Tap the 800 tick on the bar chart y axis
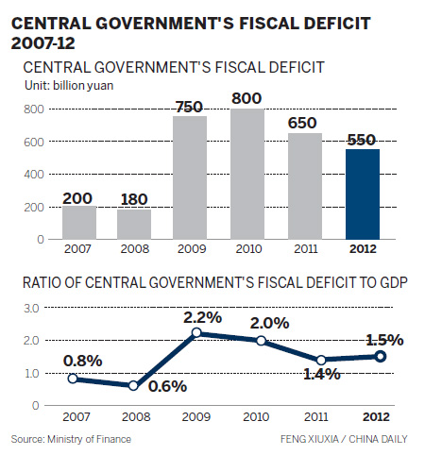[33, 110]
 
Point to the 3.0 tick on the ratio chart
[33, 308]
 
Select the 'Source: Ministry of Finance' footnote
[73, 440]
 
